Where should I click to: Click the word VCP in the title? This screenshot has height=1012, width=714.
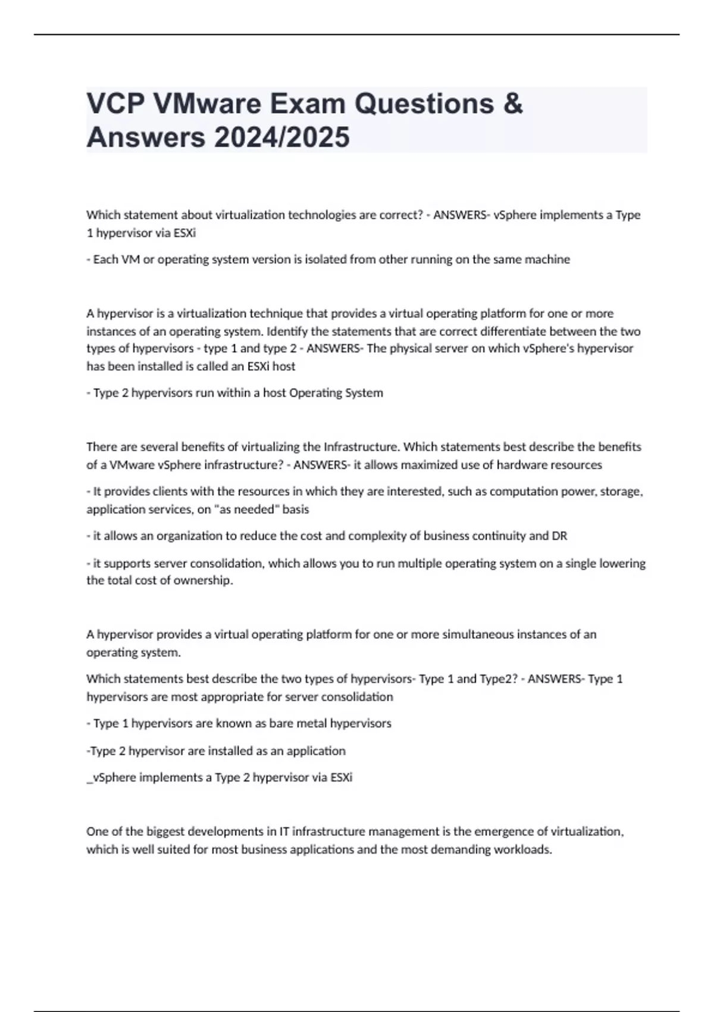click(115, 104)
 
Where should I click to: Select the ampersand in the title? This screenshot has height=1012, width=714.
click(513, 104)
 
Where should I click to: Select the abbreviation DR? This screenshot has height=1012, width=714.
click(559, 536)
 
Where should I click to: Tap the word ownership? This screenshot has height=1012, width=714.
click(203, 580)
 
